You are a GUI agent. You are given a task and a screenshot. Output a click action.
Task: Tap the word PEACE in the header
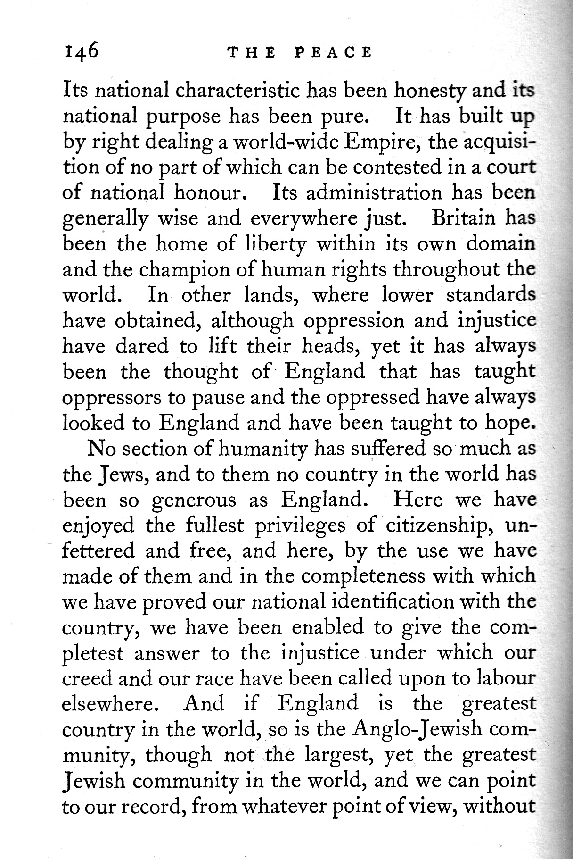333,52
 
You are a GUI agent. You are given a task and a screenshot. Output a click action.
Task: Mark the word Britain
464,218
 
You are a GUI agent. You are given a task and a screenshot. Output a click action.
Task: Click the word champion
182,270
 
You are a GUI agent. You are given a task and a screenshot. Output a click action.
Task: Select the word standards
490,295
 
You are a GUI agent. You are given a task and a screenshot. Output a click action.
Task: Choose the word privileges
300,525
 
